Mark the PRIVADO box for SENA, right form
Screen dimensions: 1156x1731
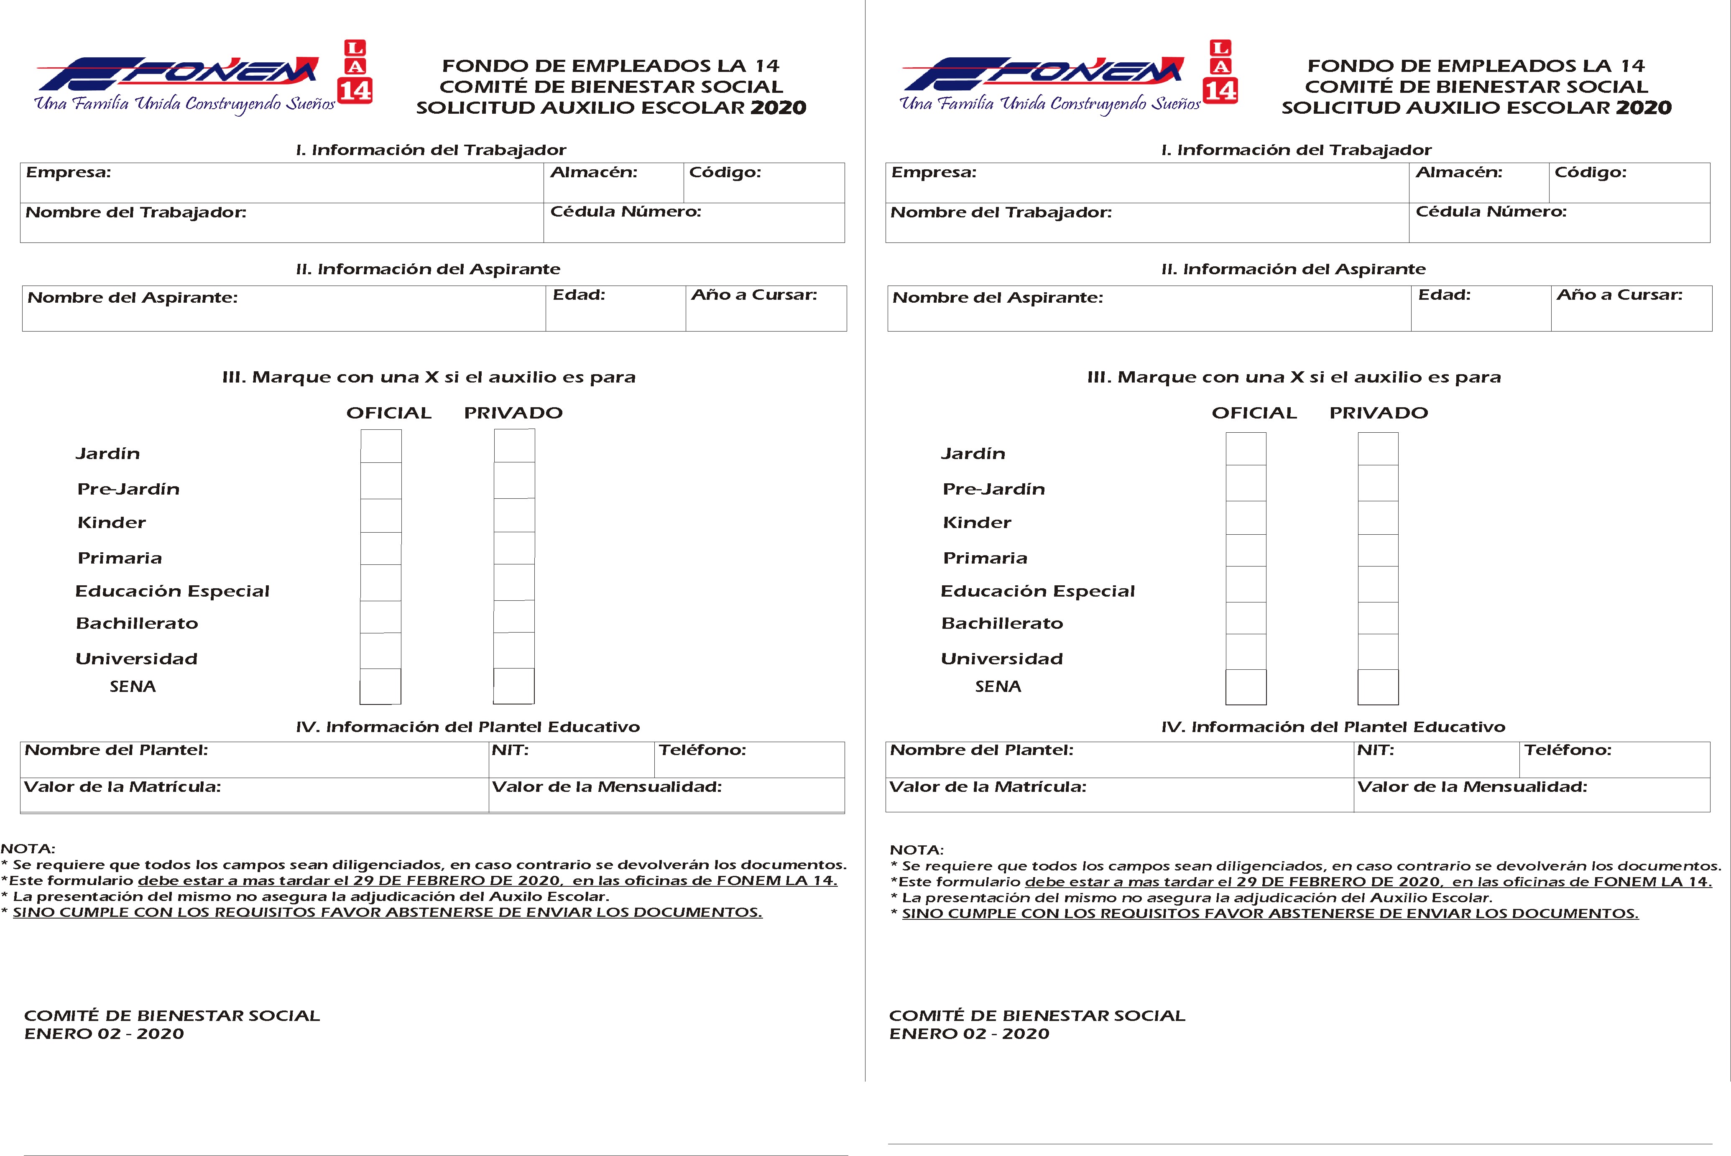pyautogui.click(x=1378, y=687)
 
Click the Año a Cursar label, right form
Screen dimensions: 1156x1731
pyautogui.click(x=1619, y=295)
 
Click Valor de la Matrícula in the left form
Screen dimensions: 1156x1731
pyautogui.click(x=123, y=787)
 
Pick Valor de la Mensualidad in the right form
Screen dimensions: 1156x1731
pyautogui.click(x=1472, y=787)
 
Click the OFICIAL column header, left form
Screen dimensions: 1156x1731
pyautogui.click(x=388, y=413)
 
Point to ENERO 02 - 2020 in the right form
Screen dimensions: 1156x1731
pyautogui.click(x=969, y=1034)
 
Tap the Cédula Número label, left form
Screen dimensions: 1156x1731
pyautogui.click(x=625, y=212)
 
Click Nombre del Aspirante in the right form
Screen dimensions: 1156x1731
pyautogui.click(x=998, y=298)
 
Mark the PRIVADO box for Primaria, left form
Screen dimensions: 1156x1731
pyautogui.click(x=514, y=549)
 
